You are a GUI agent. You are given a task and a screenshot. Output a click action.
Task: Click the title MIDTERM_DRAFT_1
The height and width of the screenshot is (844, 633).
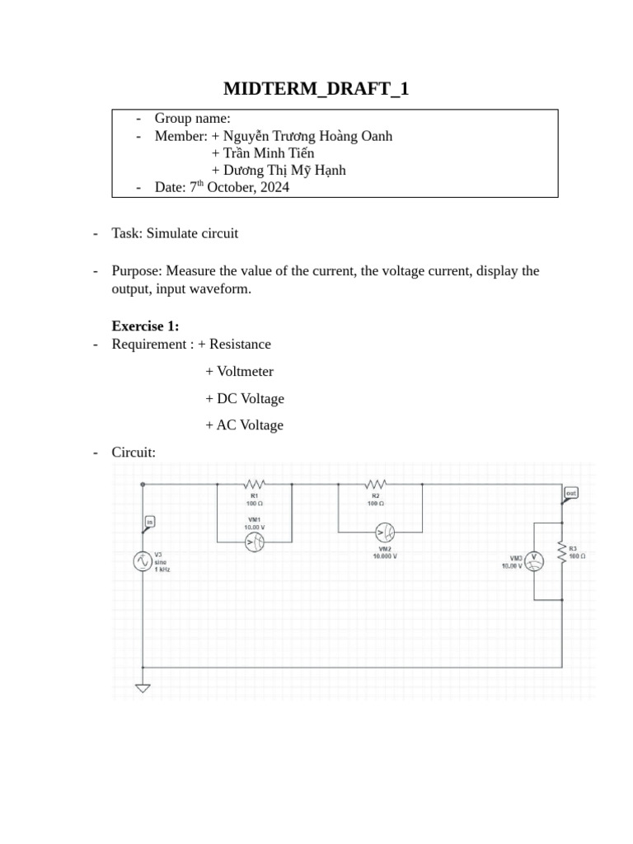click(x=316, y=89)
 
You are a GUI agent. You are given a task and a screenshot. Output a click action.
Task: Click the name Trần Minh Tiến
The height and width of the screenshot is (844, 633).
click(x=268, y=153)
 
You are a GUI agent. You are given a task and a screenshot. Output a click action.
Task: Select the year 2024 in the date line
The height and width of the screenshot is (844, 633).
click(x=274, y=188)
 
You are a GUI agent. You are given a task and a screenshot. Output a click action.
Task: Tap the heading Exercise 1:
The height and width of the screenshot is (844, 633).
click(x=145, y=326)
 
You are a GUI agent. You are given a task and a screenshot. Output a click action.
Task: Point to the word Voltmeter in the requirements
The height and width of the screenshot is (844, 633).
click(x=245, y=372)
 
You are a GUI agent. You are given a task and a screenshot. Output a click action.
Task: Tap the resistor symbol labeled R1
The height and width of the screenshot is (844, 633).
click(x=253, y=484)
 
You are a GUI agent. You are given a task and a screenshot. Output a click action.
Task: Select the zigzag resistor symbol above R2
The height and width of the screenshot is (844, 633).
click(x=376, y=484)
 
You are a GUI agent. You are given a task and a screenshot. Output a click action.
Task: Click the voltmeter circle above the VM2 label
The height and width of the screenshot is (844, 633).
click(x=385, y=529)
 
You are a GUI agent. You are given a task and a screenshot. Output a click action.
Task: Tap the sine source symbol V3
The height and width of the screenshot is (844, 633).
click(x=143, y=561)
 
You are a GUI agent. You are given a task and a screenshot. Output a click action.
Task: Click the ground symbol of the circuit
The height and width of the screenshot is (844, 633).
click(x=143, y=689)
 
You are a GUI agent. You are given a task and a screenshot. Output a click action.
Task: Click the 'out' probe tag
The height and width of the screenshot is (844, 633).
click(x=570, y=494)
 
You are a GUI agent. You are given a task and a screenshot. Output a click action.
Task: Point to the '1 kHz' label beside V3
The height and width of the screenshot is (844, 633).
click(x=162, y=570)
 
